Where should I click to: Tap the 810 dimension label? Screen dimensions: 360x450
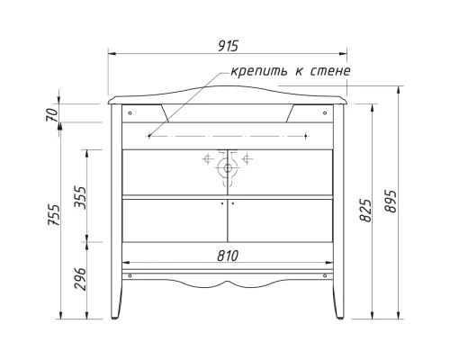[228, 256]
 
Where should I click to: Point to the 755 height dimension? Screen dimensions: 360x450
[53, 216]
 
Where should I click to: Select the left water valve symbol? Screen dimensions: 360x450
[209, 162]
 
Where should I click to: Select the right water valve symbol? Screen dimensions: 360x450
[247, 162]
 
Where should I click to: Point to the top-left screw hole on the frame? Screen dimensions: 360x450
[130, 113]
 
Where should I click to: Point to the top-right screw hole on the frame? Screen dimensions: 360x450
[326, 113]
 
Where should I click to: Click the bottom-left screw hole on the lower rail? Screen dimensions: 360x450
[130, 275]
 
